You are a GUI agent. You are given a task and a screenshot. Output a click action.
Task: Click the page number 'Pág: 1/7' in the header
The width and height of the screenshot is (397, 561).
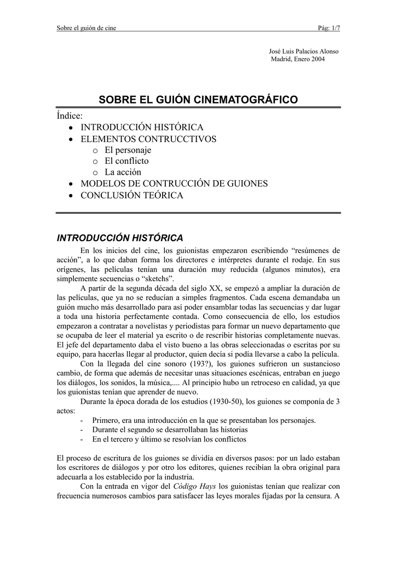(x=329, y=28)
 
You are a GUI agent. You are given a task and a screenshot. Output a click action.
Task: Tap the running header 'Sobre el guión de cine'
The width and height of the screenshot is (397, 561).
(x=87, y=28)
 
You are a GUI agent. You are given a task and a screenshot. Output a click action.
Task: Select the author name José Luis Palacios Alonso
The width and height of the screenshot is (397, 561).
(x=303, y=51)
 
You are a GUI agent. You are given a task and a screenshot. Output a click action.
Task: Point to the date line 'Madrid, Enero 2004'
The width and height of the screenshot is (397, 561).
(x=298, y=59)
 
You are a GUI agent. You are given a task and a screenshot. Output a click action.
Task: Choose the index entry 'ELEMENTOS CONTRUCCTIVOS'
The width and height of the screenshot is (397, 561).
(x=148, y=139)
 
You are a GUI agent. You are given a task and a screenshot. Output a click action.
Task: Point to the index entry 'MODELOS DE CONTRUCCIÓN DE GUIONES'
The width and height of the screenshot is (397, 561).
(x=174, y=184)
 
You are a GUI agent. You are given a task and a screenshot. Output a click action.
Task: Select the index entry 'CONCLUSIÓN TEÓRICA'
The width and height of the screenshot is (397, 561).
(x=132, y=195)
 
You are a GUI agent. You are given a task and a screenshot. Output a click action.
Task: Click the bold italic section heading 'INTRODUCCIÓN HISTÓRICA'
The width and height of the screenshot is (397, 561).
(x=120, y=237)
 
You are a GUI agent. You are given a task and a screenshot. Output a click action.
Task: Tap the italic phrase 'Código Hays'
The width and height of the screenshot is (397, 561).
(x=195, y=485)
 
